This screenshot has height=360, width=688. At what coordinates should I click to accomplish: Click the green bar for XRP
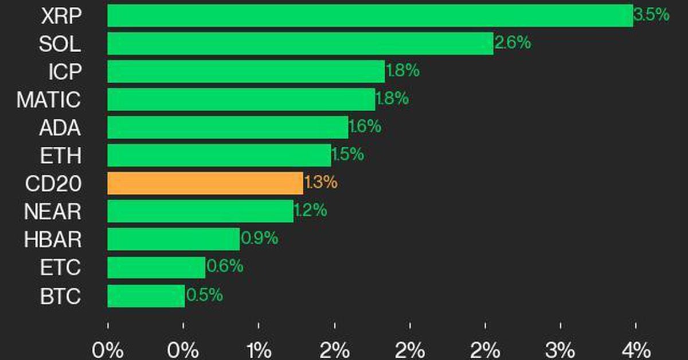pyautogui.click(x=370, y=15)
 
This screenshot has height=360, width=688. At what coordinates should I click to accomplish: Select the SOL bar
pyautogui.click(x=300, y=44)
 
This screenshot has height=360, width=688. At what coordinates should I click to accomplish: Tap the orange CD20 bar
pyautogui.click(x=205, y=183)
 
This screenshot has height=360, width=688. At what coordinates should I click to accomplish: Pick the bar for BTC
pyautogui.click(x=146, y=296)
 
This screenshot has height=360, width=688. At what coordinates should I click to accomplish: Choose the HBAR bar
pyautogui.click(x=173, y=240)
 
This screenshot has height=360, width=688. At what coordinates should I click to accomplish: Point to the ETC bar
pyautogui.click(x=156, y=268)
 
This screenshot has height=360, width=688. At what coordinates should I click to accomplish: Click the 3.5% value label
pyautogui.click(x=652, y=15)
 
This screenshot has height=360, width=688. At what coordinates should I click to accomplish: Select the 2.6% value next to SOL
pyautogui.click(x=513, y=43)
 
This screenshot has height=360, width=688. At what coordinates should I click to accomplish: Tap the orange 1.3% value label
pyautogui.click(x=320, y=183)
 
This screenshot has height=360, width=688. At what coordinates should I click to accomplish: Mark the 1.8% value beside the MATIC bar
pyautogui.click(x=392, y=99)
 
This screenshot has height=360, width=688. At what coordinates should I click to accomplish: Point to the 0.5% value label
pyautogui.click(x=204, y=296)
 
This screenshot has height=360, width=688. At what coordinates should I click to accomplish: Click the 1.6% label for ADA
pyautogui.click(x=365, y=127)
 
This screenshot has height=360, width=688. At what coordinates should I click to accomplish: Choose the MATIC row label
pyautogui.click(x=49, y=100)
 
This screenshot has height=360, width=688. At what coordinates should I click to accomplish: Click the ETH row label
pyautogui.click(x=61, y=155)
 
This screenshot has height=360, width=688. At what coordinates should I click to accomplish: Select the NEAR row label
pyautogui.click(x=53, y=212)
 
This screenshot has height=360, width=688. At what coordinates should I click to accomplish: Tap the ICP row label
pyautogui.click(x=65, y=72)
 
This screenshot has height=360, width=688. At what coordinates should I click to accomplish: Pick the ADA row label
pyautogui.click(x=60, y=127)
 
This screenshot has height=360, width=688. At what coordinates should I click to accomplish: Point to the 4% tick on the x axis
pyautogui.click(x=636, y=349)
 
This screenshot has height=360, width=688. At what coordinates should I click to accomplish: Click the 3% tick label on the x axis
pyautogui.click(x=560, y=349)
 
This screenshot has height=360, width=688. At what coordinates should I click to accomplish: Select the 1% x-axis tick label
pyautogui.click(x=259, y=349)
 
